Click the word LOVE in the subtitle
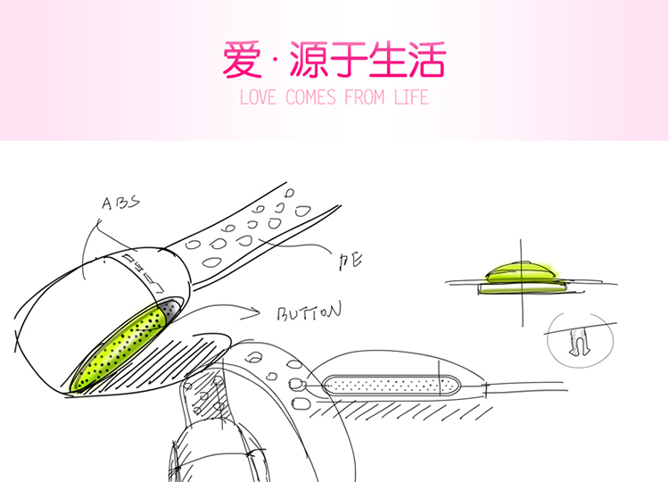260,97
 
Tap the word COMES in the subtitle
312,97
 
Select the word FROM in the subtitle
366,97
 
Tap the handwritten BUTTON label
309,314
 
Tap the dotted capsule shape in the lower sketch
390,386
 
